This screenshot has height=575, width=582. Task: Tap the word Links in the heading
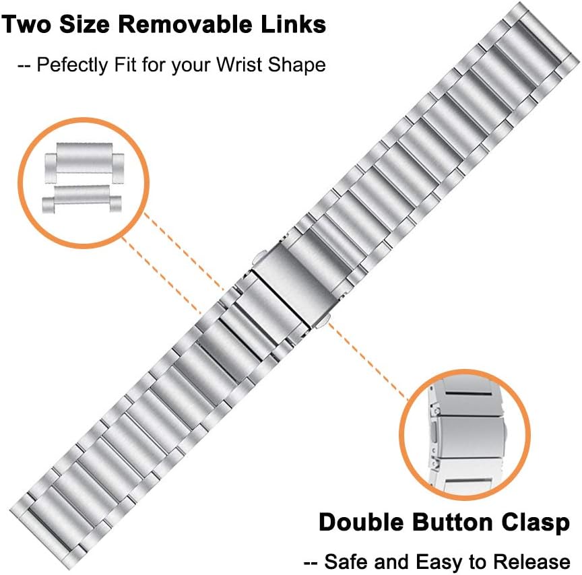(292, 25)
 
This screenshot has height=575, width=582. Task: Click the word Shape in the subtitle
(302, 65)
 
